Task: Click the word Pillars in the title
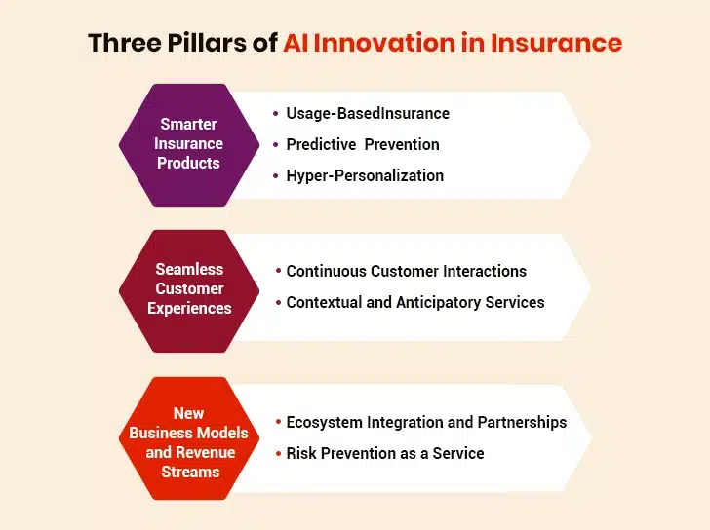click(208, 43)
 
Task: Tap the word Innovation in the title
click(384, 43)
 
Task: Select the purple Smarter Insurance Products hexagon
click(189, 145)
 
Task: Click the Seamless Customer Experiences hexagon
click(189, 291)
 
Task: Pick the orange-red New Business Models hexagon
click(189, 438)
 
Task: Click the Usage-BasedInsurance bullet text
click(368, 114)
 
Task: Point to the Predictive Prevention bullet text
click(363, 145)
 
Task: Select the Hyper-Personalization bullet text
click(365, 176)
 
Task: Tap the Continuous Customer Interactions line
click(406, 271)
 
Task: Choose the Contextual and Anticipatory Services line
click(415, 303)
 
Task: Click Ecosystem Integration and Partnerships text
click(426, 423)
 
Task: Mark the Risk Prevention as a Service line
click(385, 454)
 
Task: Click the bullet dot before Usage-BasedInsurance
click(276, 114)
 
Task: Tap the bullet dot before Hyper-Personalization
click(276, 176)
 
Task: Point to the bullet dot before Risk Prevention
click(278, 454)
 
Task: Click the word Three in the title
click(125, 43)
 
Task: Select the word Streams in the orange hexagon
click(190, 473)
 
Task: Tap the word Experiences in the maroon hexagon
click(189, 309)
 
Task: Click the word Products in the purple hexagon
click(188, 164)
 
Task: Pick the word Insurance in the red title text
click(557, 43)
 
